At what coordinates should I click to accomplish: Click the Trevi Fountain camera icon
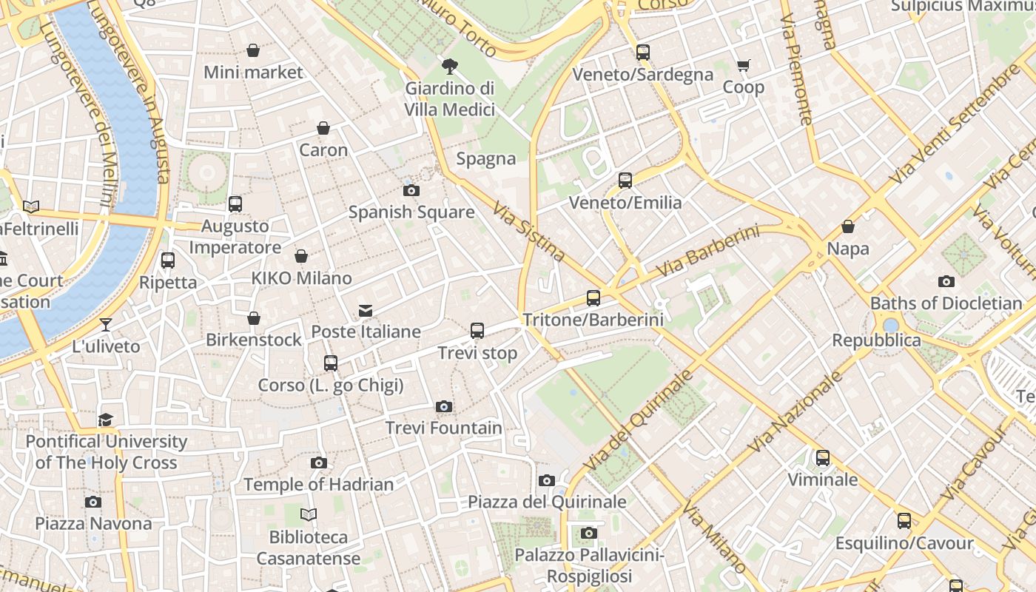(x=444, y=406)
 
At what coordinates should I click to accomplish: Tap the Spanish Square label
(x=411, y=212)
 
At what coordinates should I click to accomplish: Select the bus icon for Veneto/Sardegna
(x=643, y=53)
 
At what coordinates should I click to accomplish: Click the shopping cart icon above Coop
(x=744, y=66)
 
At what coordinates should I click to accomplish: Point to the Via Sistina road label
(x=528, y=232)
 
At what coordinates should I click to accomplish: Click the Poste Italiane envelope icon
(x=366, y=310)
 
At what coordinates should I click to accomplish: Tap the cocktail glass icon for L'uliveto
(x=106, y=324)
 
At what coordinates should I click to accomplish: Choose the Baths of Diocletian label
(x=946, y=303)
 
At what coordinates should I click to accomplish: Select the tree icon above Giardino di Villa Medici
(x=449, y=67)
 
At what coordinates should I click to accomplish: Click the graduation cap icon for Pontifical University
(x=106, y=420)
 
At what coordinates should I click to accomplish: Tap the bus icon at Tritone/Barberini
(x=593, y=298)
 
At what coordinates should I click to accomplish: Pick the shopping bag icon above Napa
(x=848, y=226)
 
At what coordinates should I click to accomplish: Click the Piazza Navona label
(x=93, y=523)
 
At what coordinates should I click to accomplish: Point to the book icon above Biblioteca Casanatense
(x=309, y=514)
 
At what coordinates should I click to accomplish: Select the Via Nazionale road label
(x=795, y=411)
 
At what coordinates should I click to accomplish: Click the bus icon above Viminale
(x=823, y=458)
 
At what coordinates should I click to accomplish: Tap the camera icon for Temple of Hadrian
(x=319, y=462)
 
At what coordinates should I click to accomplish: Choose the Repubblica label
(x=876, y=340)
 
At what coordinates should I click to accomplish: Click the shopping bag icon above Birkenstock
(x=254, y=318)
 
